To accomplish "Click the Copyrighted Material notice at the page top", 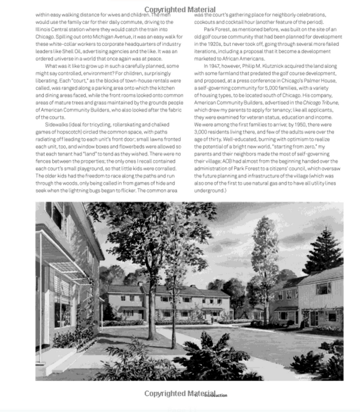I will pos(179,10).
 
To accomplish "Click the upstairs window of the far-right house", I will pos(323,288).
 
